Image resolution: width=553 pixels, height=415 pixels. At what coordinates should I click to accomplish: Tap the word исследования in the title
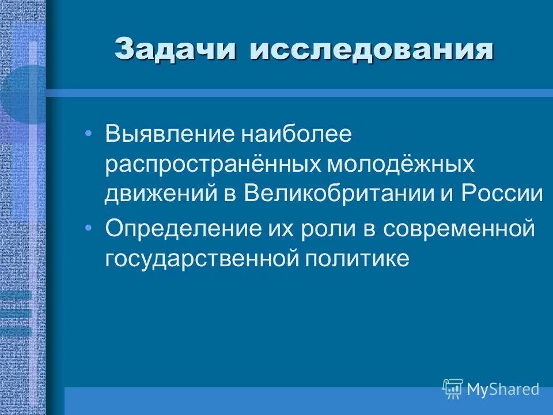[372, 50]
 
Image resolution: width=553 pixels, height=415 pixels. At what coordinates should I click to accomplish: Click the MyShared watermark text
[503, 389]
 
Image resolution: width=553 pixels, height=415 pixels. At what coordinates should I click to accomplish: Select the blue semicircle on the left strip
[23, 95]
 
